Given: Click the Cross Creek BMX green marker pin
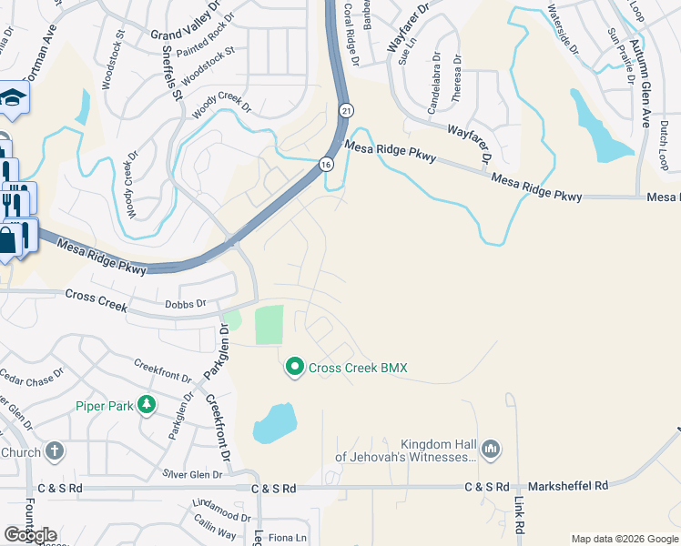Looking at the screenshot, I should click(x=295, y=368).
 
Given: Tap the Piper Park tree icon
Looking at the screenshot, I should click(x=146, y=406).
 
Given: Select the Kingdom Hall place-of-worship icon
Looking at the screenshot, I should click(x=491, y=448).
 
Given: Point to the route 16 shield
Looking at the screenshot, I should click(x=326, y=164).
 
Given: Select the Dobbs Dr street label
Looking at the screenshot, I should click(x=188, y=304).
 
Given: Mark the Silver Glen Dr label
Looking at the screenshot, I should click(x=192, y=474).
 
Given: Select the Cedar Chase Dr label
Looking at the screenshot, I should click(x=32, y=375).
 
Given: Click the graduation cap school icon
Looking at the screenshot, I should click(x=13, y=97).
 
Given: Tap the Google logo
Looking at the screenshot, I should click(x=30, y=535).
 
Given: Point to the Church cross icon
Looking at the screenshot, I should click(x=55, y=451).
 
